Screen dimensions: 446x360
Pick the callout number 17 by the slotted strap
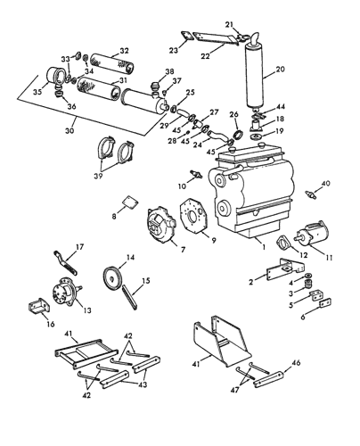(x=79, y=247)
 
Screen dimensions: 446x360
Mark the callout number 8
(x=114, y=216)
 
